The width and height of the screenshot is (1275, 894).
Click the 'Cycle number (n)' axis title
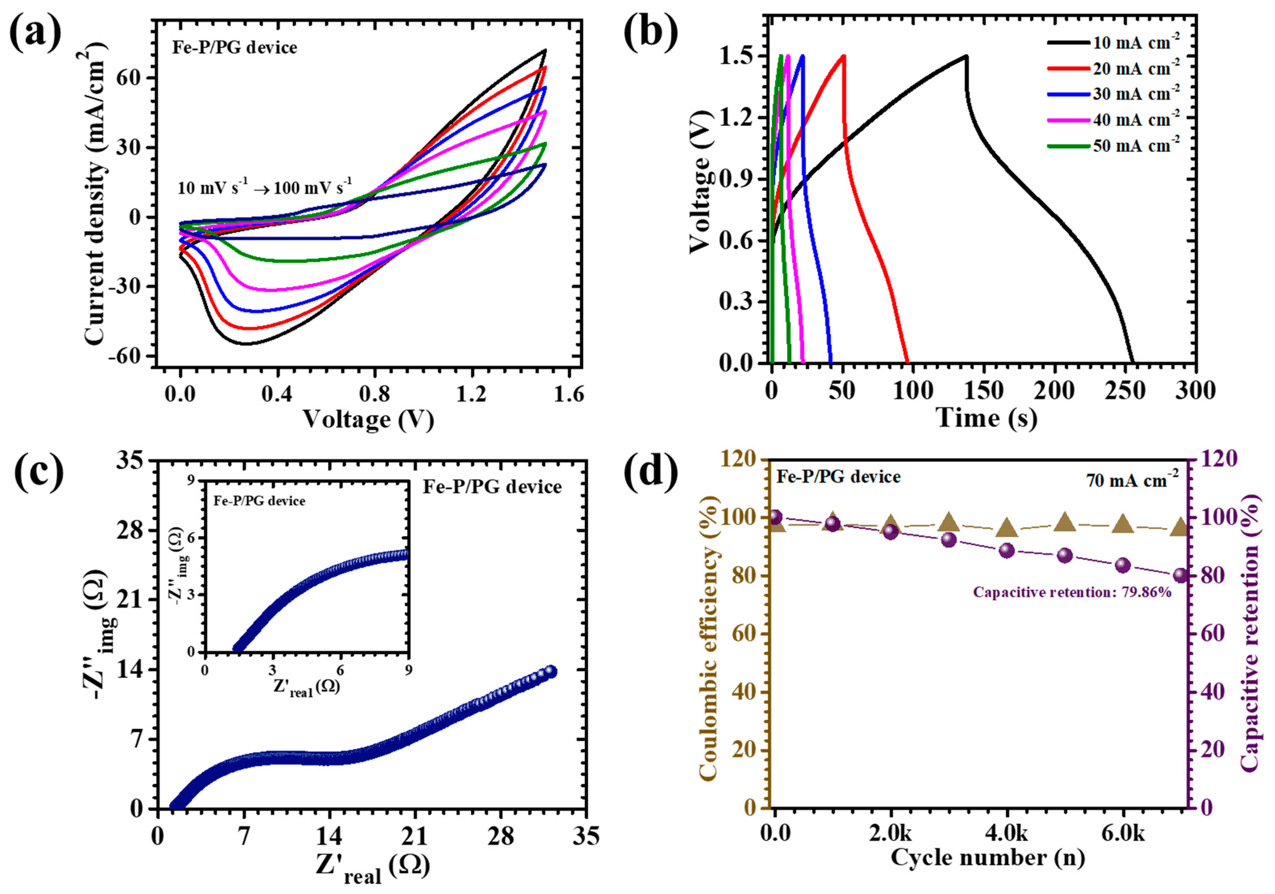tap(987, 857)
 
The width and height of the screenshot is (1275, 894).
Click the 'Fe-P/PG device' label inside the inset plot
tap(259, 501)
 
